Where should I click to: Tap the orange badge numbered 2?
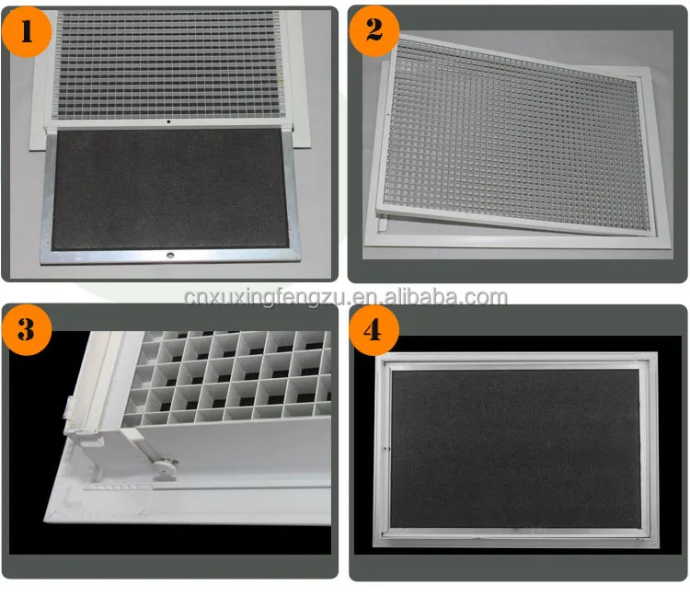pyautogui.click(x=374, y=30)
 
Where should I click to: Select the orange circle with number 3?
pyautogui.click(x=27, y=329)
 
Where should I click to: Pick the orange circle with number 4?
pyautogui.click(x=374, y=329)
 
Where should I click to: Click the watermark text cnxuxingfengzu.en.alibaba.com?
pyautogui.click(x=345, y=296)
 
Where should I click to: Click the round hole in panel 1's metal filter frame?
pyautogui.click(x=168, y=250)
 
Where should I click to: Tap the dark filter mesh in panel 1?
pyautogui.click(x=170, y=189)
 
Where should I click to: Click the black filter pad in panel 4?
pyautogui.click(x=515, y=448)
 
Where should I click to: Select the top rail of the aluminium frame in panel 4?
pyautogui.click(x=515, y=362)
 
